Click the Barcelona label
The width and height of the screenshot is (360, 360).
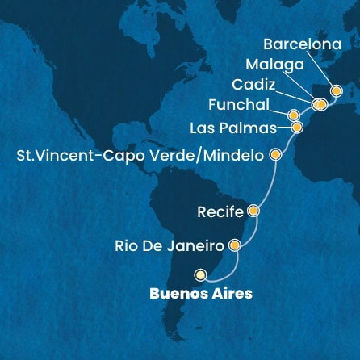(x=302, y=45)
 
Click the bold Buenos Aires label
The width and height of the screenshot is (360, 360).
(x=201, y=293)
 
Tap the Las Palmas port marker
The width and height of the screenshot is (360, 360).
(x=297, y=127)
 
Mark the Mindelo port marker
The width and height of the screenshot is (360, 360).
(x=276, y=153)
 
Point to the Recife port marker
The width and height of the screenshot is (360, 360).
(x=253, y=212)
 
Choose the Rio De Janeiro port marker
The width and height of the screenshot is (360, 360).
(x=235, y=244)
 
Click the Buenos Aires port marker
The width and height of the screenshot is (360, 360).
(x=200, y=274)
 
